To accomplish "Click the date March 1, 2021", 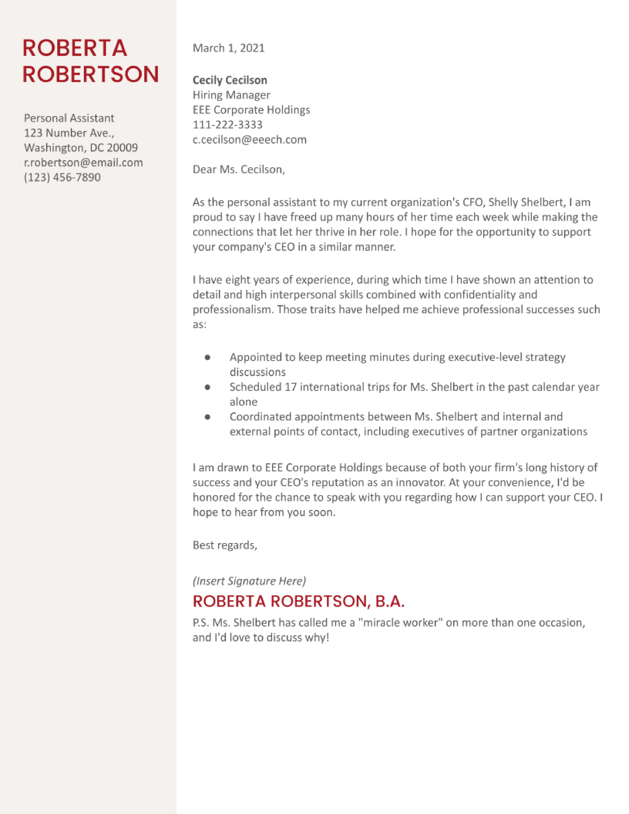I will click(228, 48).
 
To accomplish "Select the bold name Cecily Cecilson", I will click(230, 80).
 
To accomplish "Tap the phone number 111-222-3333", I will click(227, 125).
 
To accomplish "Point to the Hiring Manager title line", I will click(231, 95).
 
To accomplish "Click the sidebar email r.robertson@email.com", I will click(83, 163).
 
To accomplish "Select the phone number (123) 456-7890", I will click(62, 177).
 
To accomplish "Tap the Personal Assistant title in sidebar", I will click(69, 118).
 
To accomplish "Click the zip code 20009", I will click(122, 148).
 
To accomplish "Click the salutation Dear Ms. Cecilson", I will click(239, 170).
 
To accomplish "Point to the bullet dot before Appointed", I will click(207, 357).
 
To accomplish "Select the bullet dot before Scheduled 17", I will click(207, 387).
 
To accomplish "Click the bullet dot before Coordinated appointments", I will click(207, 417).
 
